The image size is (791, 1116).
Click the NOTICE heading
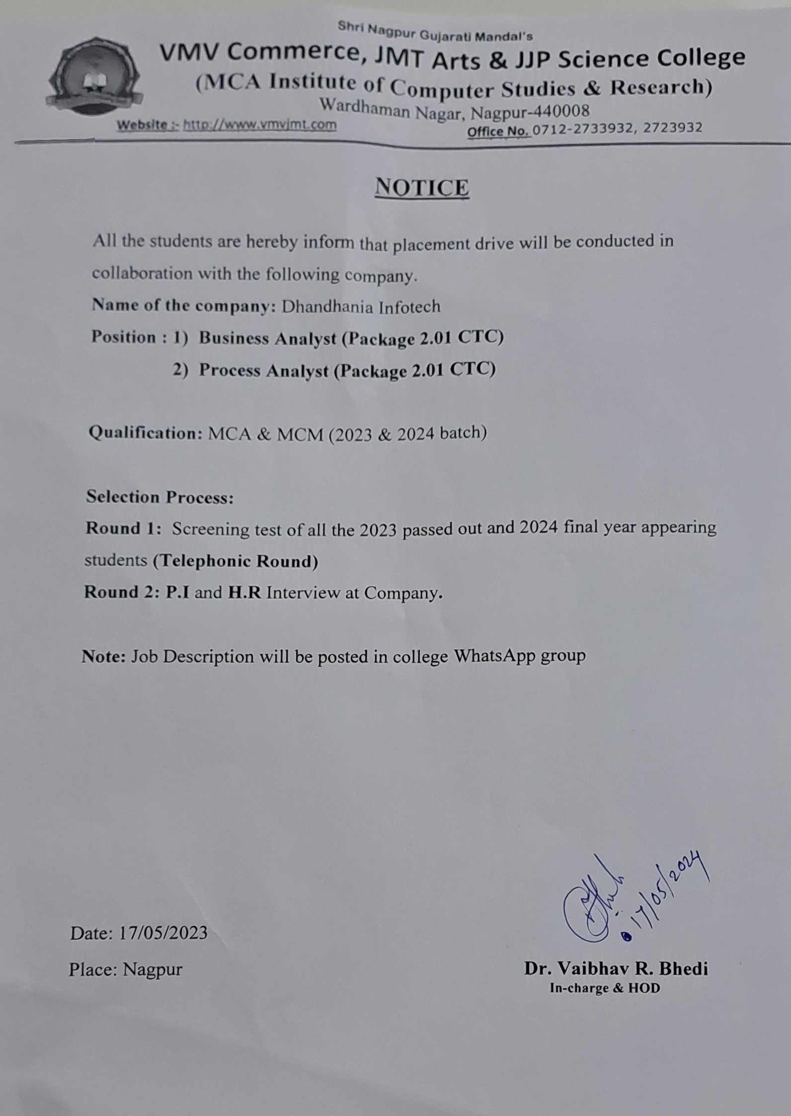pos(422,188)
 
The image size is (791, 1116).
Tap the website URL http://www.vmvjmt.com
pos(260,125)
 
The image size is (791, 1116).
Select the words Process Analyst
pos(264,370)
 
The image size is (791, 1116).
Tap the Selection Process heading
pos(159,497)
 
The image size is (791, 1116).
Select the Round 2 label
pos(122,592)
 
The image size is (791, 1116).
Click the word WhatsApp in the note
pos(494,656)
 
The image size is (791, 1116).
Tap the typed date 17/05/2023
pos(163,933)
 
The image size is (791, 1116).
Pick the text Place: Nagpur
pos(126,969)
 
